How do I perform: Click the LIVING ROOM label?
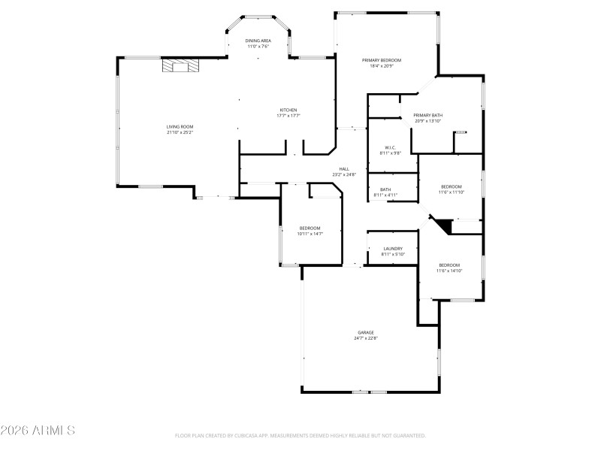point(180,126)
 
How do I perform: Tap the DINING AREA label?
point(258,41)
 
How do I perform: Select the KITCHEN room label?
point(288,110)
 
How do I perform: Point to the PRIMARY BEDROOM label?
point(382,60)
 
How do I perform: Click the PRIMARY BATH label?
point(427,115)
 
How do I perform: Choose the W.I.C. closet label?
point(390,147)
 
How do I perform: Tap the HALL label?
point(344,169)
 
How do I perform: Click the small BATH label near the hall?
point(385,189)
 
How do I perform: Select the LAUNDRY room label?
point(393,249)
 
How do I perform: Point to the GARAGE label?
point(366,332)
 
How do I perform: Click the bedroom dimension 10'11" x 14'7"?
point(310,234)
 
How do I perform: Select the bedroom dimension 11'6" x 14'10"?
point(449,271)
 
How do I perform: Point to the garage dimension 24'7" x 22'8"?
point(366,338)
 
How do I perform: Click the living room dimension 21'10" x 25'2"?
point(180,132)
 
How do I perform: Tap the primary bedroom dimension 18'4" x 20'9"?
point(382,66)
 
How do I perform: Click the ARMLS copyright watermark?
point(38,431)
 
